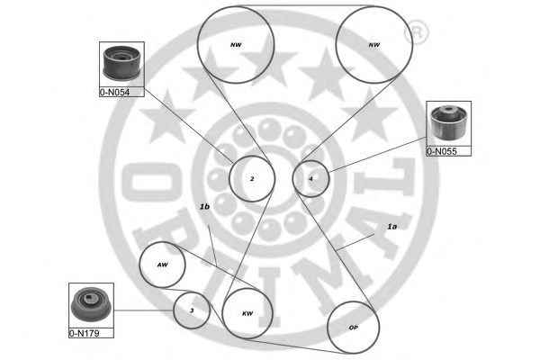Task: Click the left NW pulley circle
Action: point(236,42)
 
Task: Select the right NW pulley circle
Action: point(372,43)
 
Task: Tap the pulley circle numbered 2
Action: point(252,179)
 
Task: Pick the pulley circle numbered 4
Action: point(311,178)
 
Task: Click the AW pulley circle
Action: point(163,265)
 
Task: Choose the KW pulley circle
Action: point(247,313)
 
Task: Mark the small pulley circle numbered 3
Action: point(192,310)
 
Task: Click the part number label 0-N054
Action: point(116,92)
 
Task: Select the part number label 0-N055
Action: point(449,150)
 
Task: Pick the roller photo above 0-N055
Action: point(448,123)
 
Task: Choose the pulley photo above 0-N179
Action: point(92,305)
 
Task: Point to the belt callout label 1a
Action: point(391,227)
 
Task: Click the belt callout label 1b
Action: point(204,206)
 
